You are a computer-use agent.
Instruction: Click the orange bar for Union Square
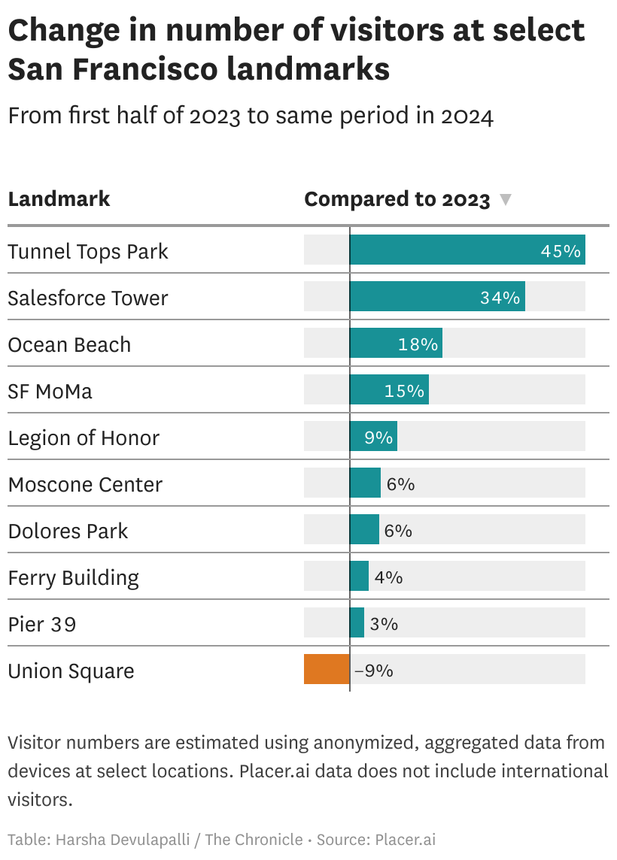point(327,669)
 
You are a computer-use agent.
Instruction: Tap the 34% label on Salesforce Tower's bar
point(500,298)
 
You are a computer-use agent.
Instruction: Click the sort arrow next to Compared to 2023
point(506,200)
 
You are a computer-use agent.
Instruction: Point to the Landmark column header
point(59,199)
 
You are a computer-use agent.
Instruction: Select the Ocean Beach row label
point(69,345)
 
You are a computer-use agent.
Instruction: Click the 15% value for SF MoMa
point(405,391)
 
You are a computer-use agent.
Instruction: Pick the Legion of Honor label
point(84,438)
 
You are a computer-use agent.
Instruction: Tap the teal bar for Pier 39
point(357,623)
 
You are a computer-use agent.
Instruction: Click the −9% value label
point(373,671)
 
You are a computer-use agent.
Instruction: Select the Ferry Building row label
point(74,578)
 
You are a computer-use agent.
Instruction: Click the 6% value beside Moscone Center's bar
point(400,484)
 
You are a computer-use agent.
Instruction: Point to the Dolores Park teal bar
point(364,530)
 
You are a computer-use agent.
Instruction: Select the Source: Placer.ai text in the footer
point(376,840)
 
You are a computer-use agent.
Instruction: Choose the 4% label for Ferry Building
point(388,577)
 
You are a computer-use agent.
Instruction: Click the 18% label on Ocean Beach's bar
point(418,344)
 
